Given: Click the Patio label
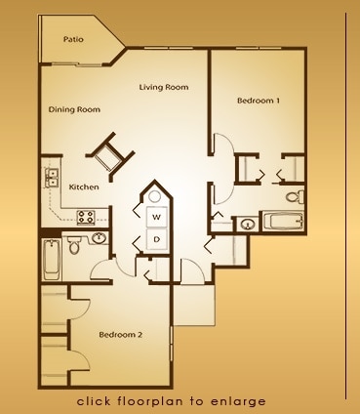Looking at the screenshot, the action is pos(73,39).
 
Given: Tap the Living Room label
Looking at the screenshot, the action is pos(164,87).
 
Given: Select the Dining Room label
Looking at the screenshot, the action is pos(74,109).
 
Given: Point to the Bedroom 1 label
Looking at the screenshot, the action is pos(259,101).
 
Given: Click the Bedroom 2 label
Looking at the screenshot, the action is pos(121,335).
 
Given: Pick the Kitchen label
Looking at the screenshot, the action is pos(84,187).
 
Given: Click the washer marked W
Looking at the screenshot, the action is pos(157,217).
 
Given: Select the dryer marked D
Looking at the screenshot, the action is pos(157,240).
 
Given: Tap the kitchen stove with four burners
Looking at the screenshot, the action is pos(86,218).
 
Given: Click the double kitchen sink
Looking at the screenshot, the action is pos(51,178).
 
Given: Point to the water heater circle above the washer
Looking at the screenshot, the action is pos(154,196).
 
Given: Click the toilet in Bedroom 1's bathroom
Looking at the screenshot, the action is pos(296,196).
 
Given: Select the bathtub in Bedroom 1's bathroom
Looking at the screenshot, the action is pos(283,222).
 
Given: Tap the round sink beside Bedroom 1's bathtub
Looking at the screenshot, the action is pos(249,225).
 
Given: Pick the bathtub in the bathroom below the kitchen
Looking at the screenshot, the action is pos(52,260).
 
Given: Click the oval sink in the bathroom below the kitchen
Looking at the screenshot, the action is pos(99,238).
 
